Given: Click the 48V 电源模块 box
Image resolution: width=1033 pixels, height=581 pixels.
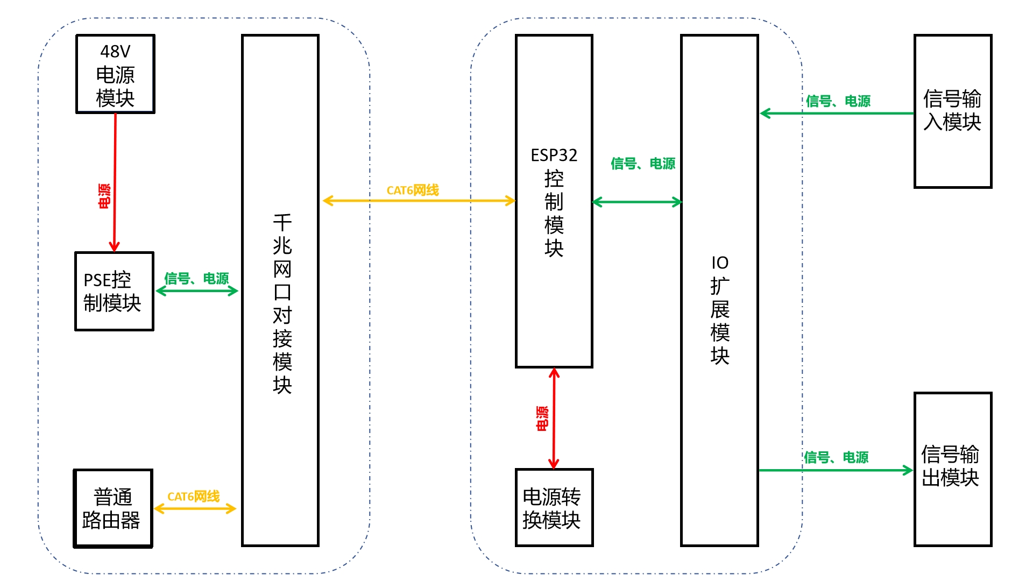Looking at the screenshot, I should (x=115, y=74).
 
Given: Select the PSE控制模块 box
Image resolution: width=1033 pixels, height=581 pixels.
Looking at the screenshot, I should (x=114, y=291).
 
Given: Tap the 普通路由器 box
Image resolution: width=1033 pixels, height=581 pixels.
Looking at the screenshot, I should (x=113, y=508).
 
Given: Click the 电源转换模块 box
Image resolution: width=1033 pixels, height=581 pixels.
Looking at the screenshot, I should (x=554, y=508).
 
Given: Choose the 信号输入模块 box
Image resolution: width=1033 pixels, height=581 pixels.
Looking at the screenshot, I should (x=952, y=111).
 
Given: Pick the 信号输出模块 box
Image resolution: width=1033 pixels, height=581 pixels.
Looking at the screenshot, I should (x=952, y=469).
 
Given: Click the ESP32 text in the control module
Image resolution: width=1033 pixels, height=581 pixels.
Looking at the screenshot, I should (x=554, y=155).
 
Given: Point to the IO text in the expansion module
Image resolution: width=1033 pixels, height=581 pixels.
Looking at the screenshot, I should (x=720, y=263).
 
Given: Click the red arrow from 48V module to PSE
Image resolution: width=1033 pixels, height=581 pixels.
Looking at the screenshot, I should (x=115, y=183).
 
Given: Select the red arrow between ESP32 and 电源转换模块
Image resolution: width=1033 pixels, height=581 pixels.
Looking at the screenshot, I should (x=554, y=419).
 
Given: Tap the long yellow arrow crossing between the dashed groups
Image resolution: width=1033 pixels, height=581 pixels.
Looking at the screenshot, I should (x=419, y=201).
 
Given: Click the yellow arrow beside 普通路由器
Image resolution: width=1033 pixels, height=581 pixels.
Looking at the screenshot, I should (x=195, y=508).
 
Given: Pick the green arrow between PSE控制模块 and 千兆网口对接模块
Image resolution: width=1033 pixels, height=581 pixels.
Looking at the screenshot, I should (x=197, y=291).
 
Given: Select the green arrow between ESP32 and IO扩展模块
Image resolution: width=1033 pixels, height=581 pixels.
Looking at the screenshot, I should (x=637, y=202).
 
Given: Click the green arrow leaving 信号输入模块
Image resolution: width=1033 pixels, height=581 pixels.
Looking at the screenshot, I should (x=837, y=113).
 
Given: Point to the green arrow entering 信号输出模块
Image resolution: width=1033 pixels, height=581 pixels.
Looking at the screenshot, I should (x=836, y=470).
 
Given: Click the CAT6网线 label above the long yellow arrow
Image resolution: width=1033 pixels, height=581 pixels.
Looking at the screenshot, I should (x=413, y=190).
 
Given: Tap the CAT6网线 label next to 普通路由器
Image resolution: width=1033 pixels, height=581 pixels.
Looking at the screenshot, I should (x=194, y=497).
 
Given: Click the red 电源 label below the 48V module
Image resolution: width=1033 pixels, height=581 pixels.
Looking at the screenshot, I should (x=104, y=196).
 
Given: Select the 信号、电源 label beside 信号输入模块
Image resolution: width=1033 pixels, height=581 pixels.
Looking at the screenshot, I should (x=838, y=101).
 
